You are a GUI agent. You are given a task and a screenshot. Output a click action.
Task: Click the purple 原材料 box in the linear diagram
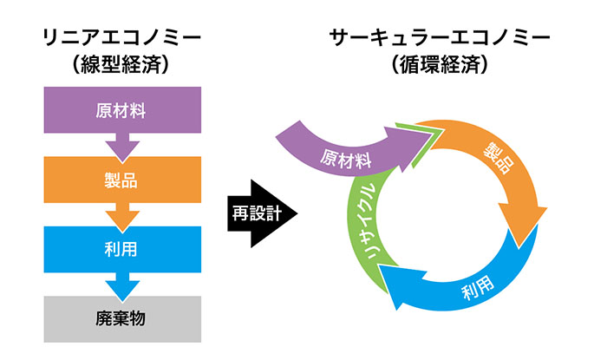(x=121, y=111)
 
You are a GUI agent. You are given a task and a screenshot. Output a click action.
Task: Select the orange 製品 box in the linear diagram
(x=121, y=181)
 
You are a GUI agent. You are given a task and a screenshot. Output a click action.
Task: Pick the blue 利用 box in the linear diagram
(x=121, y=251)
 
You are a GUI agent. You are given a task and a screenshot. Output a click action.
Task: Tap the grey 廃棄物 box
(x=121, y=318)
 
